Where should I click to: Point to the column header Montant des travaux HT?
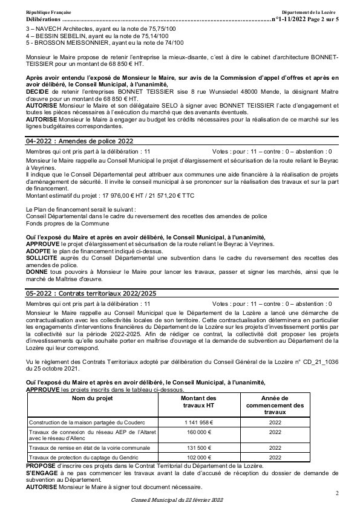click(x=198, y=402)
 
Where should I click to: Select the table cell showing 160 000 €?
click(x=198, y=432)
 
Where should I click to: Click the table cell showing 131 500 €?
click(x=198, y=448)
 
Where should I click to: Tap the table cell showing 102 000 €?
click(x=198, y=458)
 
